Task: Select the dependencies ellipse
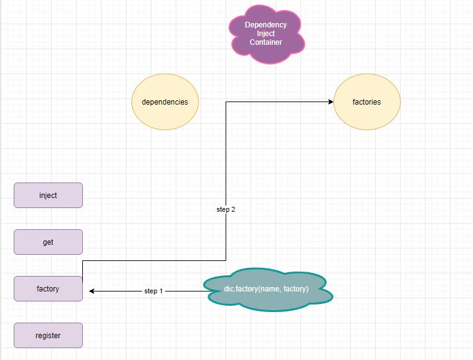(165, 102)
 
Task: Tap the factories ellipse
(366, 102)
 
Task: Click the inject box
(48, 195)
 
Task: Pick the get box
(48, 242)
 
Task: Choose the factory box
(48, 288)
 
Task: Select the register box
(48, 335)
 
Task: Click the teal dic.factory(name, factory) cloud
(267, 290)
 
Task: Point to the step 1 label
(154, 291)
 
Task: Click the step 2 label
(226, 210)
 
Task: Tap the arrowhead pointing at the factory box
(92, 291)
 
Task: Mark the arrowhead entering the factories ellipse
(330, 102)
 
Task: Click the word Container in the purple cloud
(266, 42)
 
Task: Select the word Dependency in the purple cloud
(266, 25)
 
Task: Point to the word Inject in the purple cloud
(266, 34)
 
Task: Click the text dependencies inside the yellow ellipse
(165, 102)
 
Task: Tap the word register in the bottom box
(48, 335)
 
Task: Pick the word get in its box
(48, 242)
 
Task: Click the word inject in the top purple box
(48, 195)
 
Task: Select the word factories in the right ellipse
(366, 102)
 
